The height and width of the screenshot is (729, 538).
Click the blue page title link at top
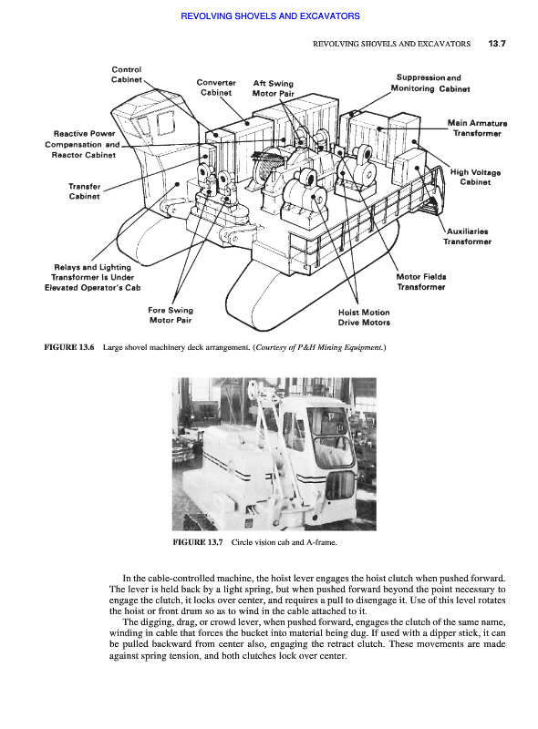coord(270,16)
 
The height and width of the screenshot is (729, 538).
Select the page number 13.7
coord(497,44)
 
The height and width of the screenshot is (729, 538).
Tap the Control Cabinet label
coord(126,75)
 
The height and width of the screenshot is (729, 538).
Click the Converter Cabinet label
coord(216,87)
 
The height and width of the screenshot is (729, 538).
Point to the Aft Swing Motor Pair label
coord(274,88)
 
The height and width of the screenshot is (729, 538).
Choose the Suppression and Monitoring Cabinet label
coord(430,83)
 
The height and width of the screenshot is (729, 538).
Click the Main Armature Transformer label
coord(477,128)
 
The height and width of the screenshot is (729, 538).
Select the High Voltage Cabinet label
coord(475,177)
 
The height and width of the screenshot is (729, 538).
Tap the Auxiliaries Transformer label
coord(467,236)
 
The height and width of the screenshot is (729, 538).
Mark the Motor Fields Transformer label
coord(421,282)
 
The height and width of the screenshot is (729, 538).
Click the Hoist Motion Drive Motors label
coord(364,317)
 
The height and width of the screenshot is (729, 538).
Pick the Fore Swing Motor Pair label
coord(171,314)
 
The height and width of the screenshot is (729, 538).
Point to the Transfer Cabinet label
coord(84,191)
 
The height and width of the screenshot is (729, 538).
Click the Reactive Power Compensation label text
coord(83,144)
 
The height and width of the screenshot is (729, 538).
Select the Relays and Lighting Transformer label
coord(93,277)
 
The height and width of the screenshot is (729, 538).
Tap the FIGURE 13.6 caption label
coord(69,347)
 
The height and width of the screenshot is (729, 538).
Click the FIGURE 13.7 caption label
coord(198,542)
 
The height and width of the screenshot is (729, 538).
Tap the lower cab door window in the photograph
coord(339,485)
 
